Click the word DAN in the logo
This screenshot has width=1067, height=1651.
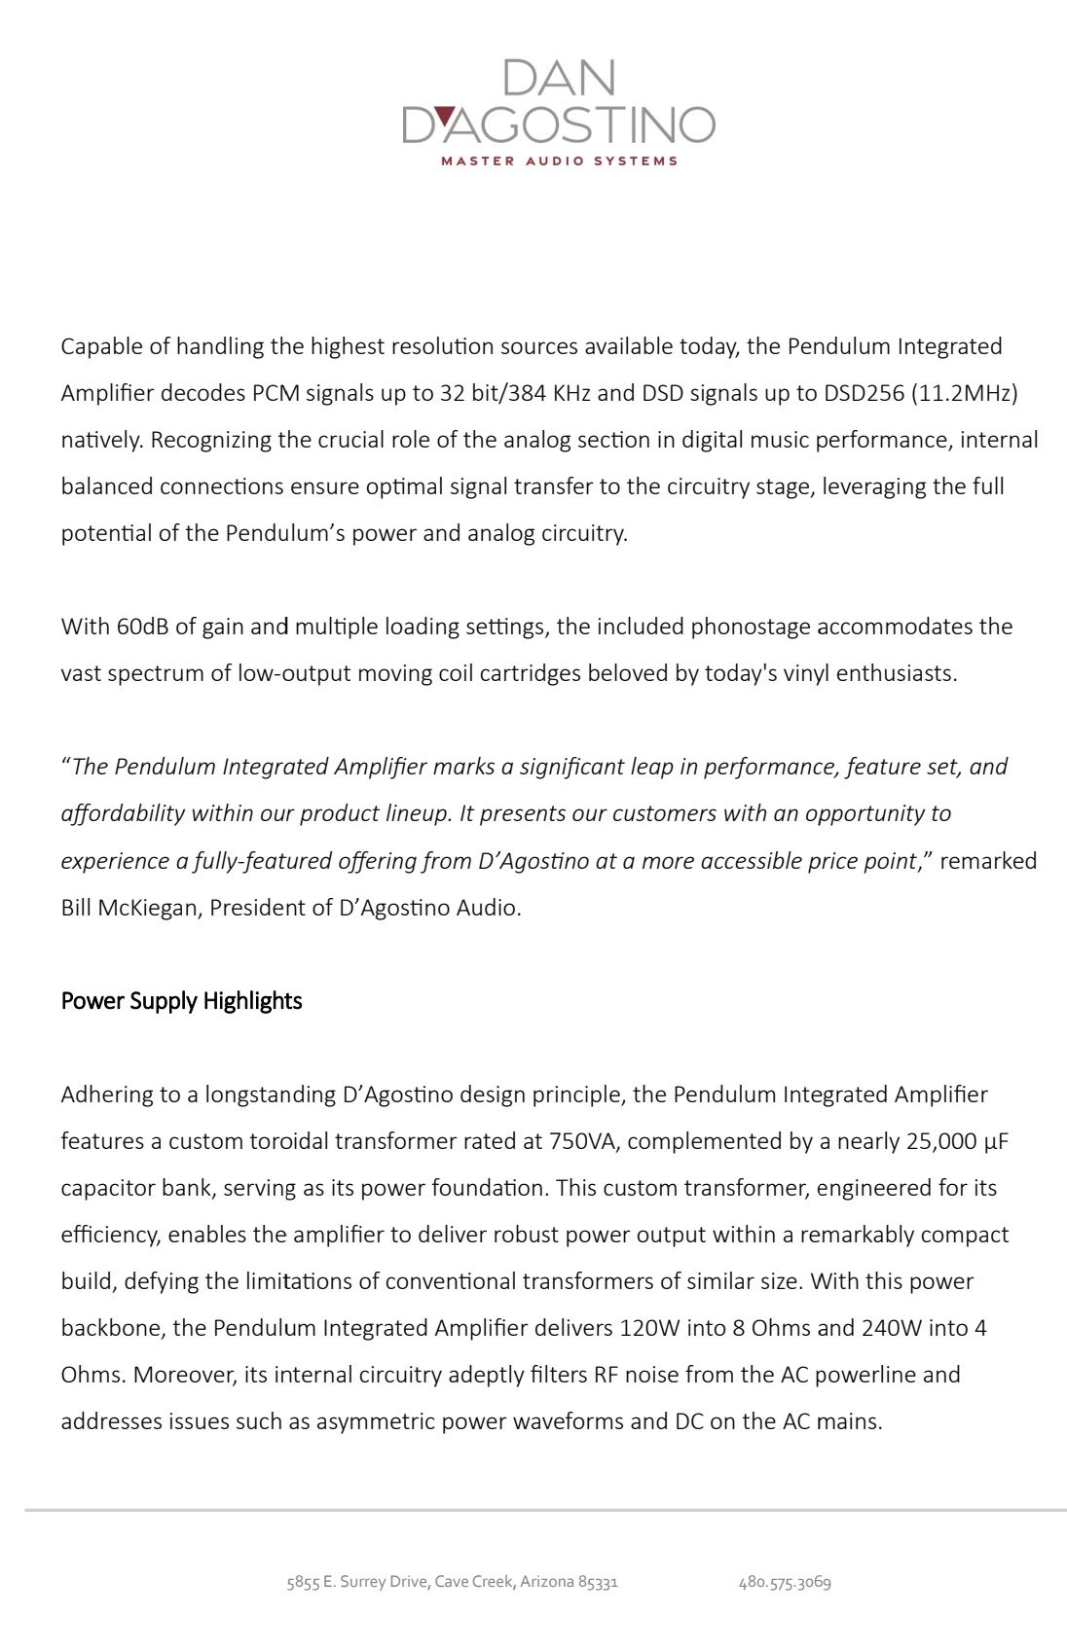560,78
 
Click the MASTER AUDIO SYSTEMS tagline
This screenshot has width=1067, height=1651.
559,161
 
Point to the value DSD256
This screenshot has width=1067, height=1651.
864,393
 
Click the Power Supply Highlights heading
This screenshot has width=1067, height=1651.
181,1001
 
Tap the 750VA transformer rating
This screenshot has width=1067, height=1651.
583,1141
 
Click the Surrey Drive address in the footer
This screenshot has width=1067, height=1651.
452,1582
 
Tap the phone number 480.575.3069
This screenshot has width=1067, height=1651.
785,1582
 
